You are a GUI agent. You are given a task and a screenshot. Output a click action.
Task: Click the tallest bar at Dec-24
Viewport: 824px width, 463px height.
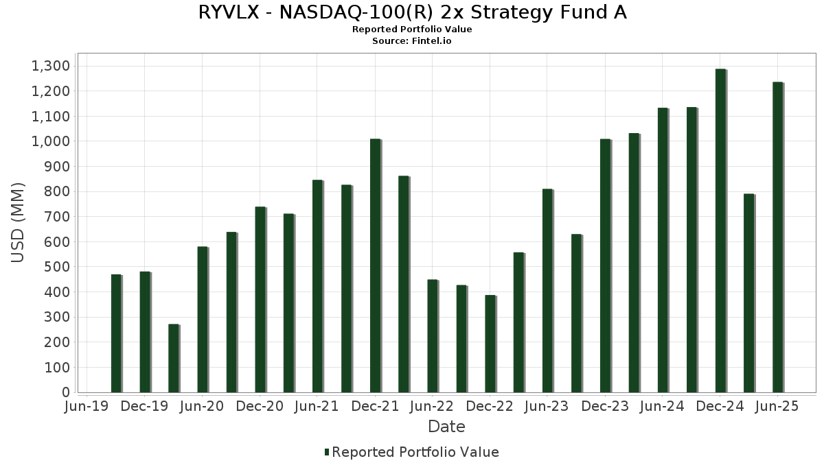tap(720, 230)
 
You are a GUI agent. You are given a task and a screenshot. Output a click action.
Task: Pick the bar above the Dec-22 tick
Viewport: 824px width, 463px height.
tap(490, 344)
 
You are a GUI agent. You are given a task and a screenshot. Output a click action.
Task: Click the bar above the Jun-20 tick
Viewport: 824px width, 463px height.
tap(203, 320)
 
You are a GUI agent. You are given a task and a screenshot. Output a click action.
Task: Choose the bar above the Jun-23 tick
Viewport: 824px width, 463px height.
tap(547, 291)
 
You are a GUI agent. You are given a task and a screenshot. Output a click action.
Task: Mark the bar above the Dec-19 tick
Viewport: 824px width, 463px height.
tap(145, 332)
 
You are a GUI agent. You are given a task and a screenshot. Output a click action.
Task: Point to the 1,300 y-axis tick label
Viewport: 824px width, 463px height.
tap(51, 66)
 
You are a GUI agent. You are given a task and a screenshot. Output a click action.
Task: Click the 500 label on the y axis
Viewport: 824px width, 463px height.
tap(58, 267)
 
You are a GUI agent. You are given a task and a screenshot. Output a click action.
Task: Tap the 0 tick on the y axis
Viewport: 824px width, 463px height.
tap(66, 392)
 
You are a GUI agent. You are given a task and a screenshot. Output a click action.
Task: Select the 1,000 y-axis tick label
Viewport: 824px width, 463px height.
tap(51, 141)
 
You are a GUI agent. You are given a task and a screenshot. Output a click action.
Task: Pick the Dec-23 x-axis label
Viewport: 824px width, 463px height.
tap(605, 406)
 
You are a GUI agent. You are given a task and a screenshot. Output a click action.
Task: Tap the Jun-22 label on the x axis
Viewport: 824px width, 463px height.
tap(431, 406)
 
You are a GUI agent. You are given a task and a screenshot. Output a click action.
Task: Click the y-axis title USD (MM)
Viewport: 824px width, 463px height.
tap(18, 223)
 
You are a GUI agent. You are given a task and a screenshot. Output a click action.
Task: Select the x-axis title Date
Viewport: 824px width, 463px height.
tap(446, 427)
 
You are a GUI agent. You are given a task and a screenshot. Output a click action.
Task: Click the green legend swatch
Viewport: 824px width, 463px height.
tap(327, 452)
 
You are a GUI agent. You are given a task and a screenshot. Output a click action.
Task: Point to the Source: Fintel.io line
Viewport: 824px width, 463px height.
tap(412, 41)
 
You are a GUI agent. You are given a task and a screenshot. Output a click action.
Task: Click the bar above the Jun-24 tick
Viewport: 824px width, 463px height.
tap(663, 250)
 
